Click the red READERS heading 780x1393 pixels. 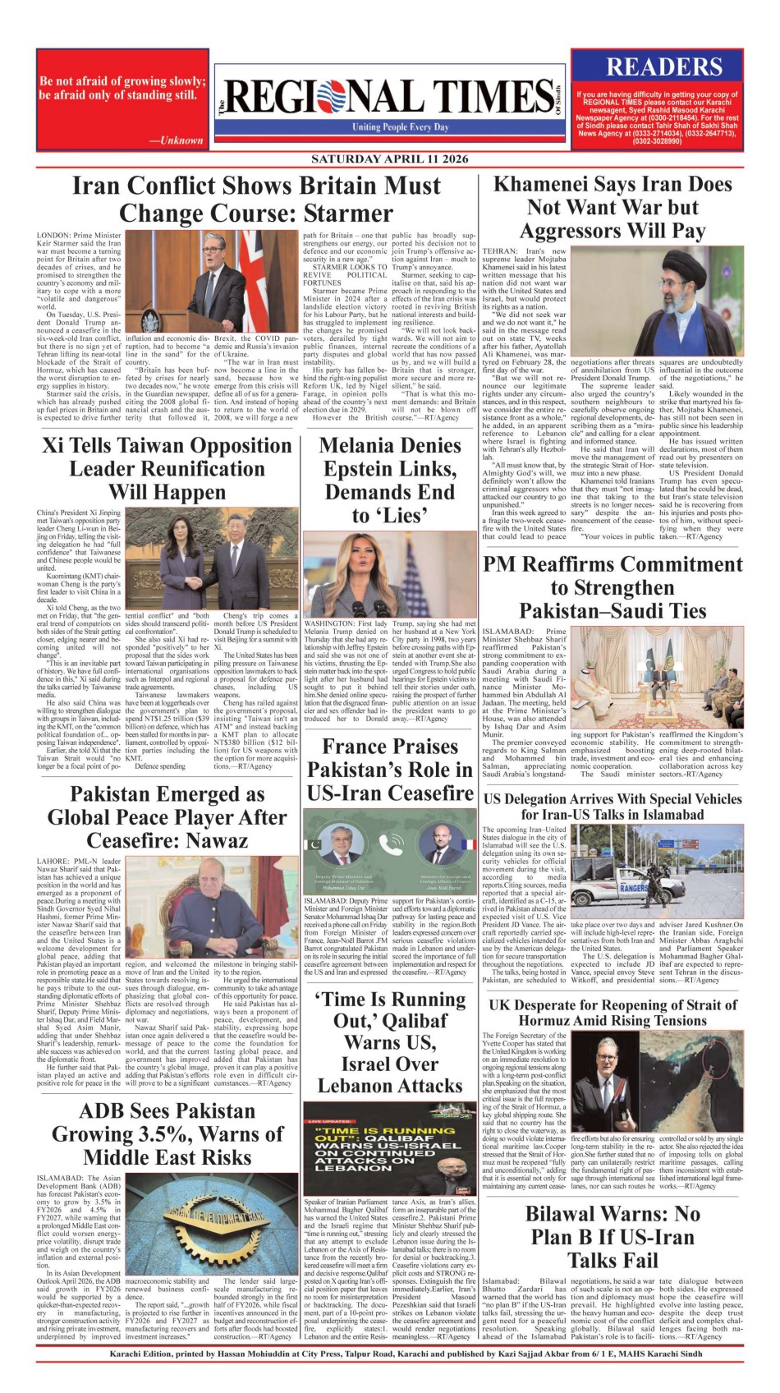pos(664,67)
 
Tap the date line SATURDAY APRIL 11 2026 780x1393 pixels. pos(389,159)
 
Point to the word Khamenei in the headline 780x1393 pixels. pos(543,184)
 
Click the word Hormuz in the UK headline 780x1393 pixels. pos(552,1020)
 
